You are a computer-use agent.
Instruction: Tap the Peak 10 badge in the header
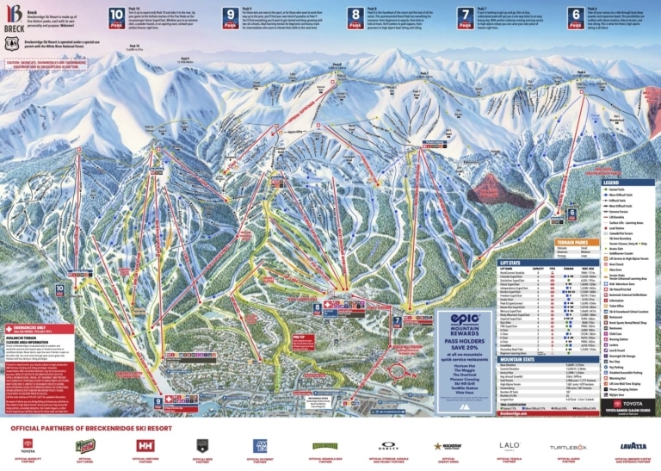click(118, 14)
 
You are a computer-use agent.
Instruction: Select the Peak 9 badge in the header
click(230, 14)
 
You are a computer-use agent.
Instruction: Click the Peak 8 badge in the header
click(355, 14)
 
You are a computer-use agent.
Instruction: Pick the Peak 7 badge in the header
click(466, 14)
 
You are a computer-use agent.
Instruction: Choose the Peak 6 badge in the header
click(576, 14)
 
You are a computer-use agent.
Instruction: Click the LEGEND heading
click(611, 183)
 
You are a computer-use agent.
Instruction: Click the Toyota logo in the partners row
click(28, 445)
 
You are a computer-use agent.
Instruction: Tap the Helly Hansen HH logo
click(144, 445)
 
